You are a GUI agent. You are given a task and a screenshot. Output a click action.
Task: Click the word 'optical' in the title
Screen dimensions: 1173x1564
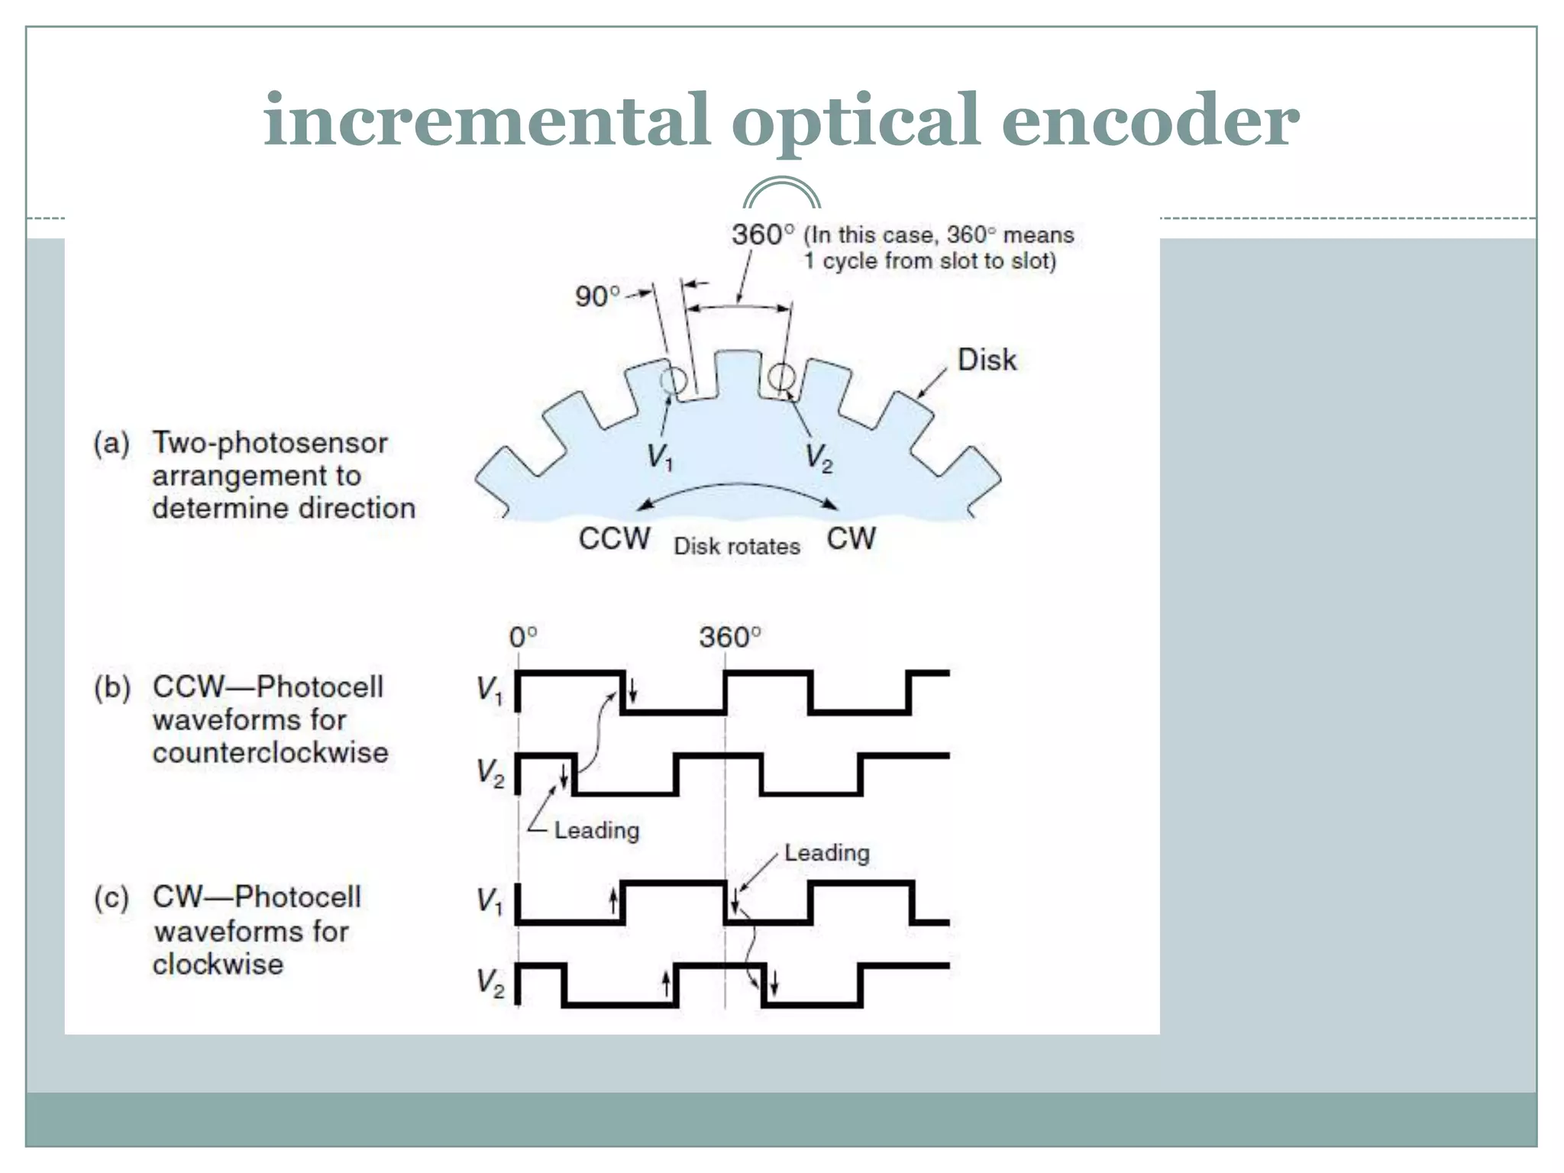pyautogui.click(x=855, y=122)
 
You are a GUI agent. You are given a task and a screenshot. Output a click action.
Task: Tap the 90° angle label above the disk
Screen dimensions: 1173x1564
pyautogui.click(x=596, y=296)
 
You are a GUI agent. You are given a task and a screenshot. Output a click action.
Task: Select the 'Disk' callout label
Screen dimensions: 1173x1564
pyautogui.click(x=987, y=360)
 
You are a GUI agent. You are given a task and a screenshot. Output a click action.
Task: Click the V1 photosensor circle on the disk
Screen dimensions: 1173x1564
pyautogui.click(x=674, y=379)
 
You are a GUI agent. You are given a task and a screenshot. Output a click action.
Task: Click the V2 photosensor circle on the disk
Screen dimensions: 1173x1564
pyautogui.click(x=781, y=376)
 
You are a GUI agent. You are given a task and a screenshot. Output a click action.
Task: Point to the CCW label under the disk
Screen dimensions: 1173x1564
pyautogui.click(x=614, y=539)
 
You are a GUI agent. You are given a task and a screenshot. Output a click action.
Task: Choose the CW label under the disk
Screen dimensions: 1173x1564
pyautogui.click(x=851, y=539)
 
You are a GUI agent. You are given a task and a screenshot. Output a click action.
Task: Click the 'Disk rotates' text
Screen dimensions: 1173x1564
pyautogui.click(x=737, y=547)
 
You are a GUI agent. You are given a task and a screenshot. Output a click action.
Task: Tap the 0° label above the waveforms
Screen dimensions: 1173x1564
pyautogui.click(x=523, y=637)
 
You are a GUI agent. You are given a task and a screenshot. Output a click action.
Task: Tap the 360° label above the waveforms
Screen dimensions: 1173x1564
pyautogui.click(x=729, y=637)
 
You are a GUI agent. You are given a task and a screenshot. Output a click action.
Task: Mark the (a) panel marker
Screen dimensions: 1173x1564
pyautogui.click(x=111, y=443)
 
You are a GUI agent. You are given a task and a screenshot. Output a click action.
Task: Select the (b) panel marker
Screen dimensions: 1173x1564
pyautogui.click(x=111, y=687)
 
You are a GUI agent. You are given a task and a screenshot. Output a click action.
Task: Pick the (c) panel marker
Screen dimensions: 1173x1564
pyautogui.click(x=111, y=897)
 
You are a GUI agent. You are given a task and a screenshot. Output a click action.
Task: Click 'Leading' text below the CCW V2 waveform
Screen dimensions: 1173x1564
pyautogui.click(x=596, y=830)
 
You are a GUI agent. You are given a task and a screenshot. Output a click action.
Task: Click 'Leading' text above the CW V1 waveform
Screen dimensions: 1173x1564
pyautogui.click(x=827, y=853)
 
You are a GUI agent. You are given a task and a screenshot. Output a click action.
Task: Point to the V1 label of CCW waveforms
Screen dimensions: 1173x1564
pyautogui.click(x=490, y=690)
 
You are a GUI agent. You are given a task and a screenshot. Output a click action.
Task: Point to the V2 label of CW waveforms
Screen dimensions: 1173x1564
pyautogui.click(x=490, y=983)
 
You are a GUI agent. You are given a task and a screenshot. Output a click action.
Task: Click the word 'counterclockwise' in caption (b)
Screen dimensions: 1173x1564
pyautogui.click(x=270, y=753)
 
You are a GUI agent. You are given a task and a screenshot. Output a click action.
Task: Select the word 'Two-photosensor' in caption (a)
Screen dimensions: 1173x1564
pyautogui.click(x=270, y=443)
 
